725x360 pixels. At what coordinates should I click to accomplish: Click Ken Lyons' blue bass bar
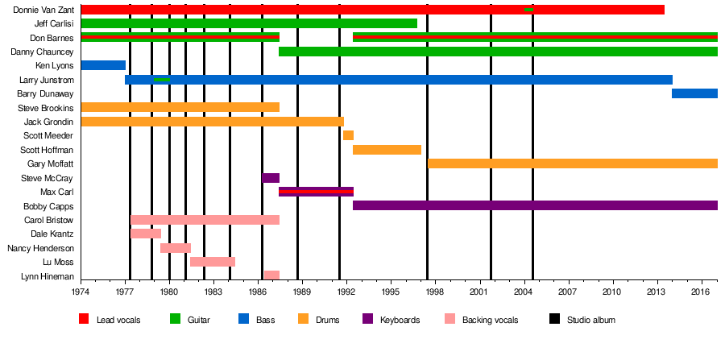pyautogui.click(x=103, y=65)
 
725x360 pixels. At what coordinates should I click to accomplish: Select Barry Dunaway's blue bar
pyautogui.click(x=694, y=93)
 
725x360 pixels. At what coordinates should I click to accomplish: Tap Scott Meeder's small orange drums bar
pyautogui.click(x=348, y=135)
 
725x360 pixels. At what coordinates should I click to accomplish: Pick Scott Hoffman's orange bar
pyautogui.click(x=387, y=150)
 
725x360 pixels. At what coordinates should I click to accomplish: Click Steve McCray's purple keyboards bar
pyautogui.click(x=271, y=178)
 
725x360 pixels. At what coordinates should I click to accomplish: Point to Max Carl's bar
pyautogui.click(x=316, y=192)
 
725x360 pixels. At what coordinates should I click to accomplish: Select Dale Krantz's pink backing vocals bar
pyautogui.click(x=146, y=234)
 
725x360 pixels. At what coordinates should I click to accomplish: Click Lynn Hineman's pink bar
pyautogui.click(x=271, y=275)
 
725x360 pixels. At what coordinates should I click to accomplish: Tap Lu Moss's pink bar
pyautogui.click(x=213, y=262)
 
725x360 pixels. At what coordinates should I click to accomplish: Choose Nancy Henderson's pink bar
pyautogui.click(x=176, y=248)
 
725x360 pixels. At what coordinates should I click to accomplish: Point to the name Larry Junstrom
pyautogui.click(x=47, y=80)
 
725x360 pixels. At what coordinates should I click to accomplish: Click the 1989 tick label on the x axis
pyautogui.click(x=302, y=290)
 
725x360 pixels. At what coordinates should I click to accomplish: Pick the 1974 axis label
pyautogui.click(x=81, y=290)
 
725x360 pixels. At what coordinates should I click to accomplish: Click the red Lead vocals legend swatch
pyautogui.click(x=84, y=320)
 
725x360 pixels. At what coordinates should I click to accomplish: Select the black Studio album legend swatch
pyautogui.click(x=554, y=320)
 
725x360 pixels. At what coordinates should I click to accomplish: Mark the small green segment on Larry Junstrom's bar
pyautogui.click(x=162, y=80)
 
